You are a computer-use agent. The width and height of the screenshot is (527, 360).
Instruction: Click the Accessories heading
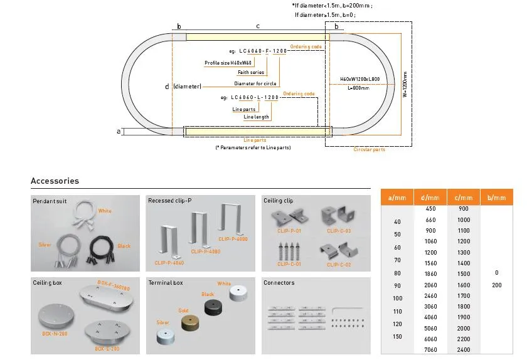tap(55, 181)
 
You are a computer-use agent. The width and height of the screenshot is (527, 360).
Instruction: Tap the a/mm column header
tap(397, 198)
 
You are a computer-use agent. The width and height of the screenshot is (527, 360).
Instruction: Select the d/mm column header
tap(430, 198)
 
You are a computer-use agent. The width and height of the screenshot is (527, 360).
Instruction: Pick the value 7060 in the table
tap(430, 349)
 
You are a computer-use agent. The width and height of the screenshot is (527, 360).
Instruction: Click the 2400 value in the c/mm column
tap(464, 349)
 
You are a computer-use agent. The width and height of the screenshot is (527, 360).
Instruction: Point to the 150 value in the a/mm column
tap(397, 337)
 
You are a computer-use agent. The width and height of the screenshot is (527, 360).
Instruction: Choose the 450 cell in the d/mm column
tap(430, 209)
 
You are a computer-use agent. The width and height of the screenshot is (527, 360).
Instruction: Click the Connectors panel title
tap(279, 283)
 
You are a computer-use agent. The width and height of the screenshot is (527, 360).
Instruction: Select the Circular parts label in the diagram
tap(370, 150)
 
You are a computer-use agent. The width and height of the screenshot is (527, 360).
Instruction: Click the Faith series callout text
tap(251, 73)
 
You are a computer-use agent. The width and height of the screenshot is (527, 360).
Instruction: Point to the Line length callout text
tap(256, 117)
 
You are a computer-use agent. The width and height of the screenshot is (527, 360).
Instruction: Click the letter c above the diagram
tap(258, 26)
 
